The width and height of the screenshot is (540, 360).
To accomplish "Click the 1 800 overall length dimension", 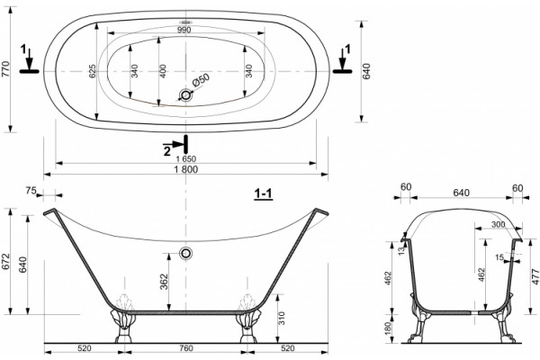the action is (186, 169).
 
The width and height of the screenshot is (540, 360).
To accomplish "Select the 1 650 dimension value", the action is (185, 159).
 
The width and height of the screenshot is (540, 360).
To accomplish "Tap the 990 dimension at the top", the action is (184, 30).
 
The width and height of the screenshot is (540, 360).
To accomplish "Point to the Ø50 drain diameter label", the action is (201, 81).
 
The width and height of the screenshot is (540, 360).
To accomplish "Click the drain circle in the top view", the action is (186, 94).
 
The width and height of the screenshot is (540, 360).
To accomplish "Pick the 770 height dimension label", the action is (6, 68).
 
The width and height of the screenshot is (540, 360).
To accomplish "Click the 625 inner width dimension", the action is (93, 71).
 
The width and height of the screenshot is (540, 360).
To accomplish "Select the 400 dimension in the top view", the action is (163, 71).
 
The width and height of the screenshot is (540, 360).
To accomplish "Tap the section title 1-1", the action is (263, 194).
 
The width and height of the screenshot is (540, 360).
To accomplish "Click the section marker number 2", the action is (167, 151).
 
